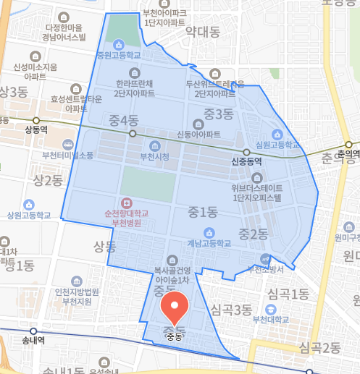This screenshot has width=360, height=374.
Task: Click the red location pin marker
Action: tap(175, 308)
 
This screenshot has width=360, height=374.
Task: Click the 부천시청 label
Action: tap(154, 156)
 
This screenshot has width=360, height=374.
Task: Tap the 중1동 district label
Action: tap(202, 212)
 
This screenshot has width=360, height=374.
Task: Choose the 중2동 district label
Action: tap(253, 233)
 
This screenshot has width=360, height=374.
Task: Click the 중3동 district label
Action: tap(218, 113)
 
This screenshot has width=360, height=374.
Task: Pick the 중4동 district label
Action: tap(123, 120)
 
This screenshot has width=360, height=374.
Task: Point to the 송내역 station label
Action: tap(33, 339)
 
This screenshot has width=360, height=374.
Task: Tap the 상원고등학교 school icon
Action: tap(29, 204)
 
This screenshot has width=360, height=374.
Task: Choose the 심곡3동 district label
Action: tap(231, 310)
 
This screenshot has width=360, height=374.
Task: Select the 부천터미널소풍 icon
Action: tap(67, 144)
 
